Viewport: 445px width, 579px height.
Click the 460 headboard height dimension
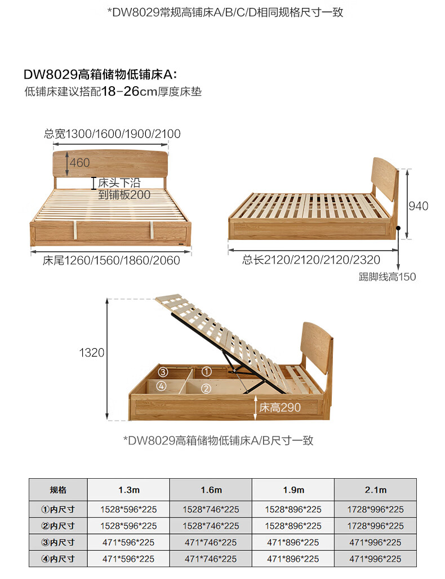tap(79, 163)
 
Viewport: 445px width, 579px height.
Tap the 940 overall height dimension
tap(418, 206)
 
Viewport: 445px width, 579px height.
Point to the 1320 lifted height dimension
tap(91, 353)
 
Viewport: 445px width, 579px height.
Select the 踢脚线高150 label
tap(387, 277)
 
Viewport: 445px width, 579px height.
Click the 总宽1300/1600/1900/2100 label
tap(112, 134)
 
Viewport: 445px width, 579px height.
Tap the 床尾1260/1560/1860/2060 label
tap(112, 260)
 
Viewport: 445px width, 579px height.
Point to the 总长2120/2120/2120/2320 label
tap(311, 260)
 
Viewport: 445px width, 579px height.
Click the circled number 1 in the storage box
tap(206, 372)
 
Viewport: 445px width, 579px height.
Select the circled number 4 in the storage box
tap(162, 386)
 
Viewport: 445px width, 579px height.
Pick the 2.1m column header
tap(375, 489)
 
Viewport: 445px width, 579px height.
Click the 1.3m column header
tap(128, 489)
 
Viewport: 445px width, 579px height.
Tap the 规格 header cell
tap(58, 489)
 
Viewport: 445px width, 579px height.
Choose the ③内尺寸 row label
tap(58, 542)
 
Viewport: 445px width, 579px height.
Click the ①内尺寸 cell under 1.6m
tap(211, 509)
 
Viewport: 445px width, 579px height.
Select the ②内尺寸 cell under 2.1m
tap(375, 525)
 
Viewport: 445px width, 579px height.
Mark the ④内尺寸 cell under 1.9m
tap(293, 559)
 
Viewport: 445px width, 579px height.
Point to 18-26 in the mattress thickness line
tap(120, 92)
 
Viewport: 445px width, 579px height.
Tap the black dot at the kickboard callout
tap(398, 229)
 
